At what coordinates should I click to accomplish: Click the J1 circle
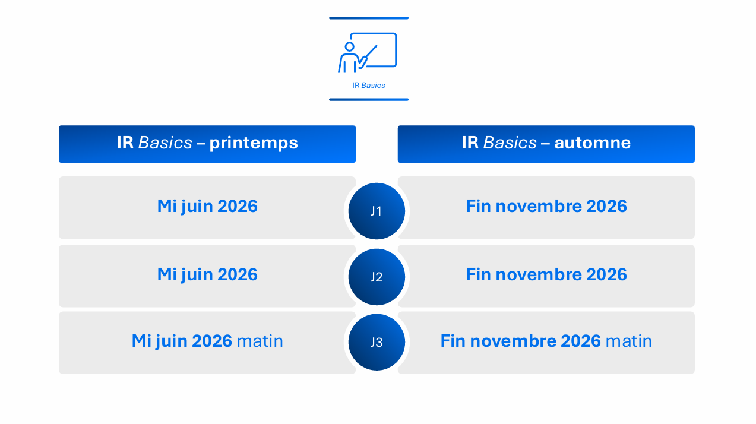(377, 211)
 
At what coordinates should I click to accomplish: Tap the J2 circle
(377, 277)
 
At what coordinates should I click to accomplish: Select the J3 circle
(377, 342)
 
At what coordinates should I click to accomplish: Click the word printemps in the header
(254, 143)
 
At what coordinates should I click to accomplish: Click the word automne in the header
(592, 143)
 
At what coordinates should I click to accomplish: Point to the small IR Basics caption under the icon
(368, 86)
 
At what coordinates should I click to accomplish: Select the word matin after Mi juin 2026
(260, 341)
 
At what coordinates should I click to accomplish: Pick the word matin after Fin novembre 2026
(628, 341)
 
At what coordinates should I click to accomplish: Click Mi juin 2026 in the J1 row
(207, 206)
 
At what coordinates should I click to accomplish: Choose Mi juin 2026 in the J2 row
(207, 274)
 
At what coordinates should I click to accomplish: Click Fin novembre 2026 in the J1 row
(546, 206)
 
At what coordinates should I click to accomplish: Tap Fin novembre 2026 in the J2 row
(546, 274)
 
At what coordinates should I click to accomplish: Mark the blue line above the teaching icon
(369, 18)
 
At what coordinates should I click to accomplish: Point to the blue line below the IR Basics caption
(369, 99)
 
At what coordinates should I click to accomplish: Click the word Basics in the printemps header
(165, 143)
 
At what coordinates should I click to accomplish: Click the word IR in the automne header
(470, 143)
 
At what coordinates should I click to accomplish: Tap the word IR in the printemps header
(125, 143)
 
